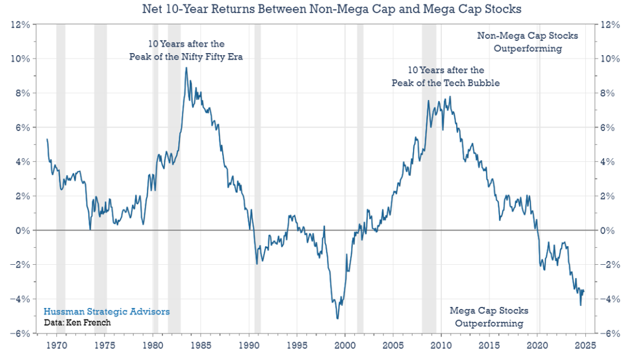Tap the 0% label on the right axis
click(x=608, y=230)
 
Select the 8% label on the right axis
click(x=608, y=93)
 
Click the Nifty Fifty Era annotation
click(x=186, y=50)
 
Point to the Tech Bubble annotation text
click(x=446, y=77)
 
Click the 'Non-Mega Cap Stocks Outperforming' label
click(x=527, y=42)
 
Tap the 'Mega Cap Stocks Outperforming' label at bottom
click(x=489, y=317)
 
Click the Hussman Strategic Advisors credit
click(x=107, y=311)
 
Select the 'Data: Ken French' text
click(x=77, y=322)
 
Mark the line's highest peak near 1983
click(x=187, y=68)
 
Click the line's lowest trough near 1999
click(x=337, y=318)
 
